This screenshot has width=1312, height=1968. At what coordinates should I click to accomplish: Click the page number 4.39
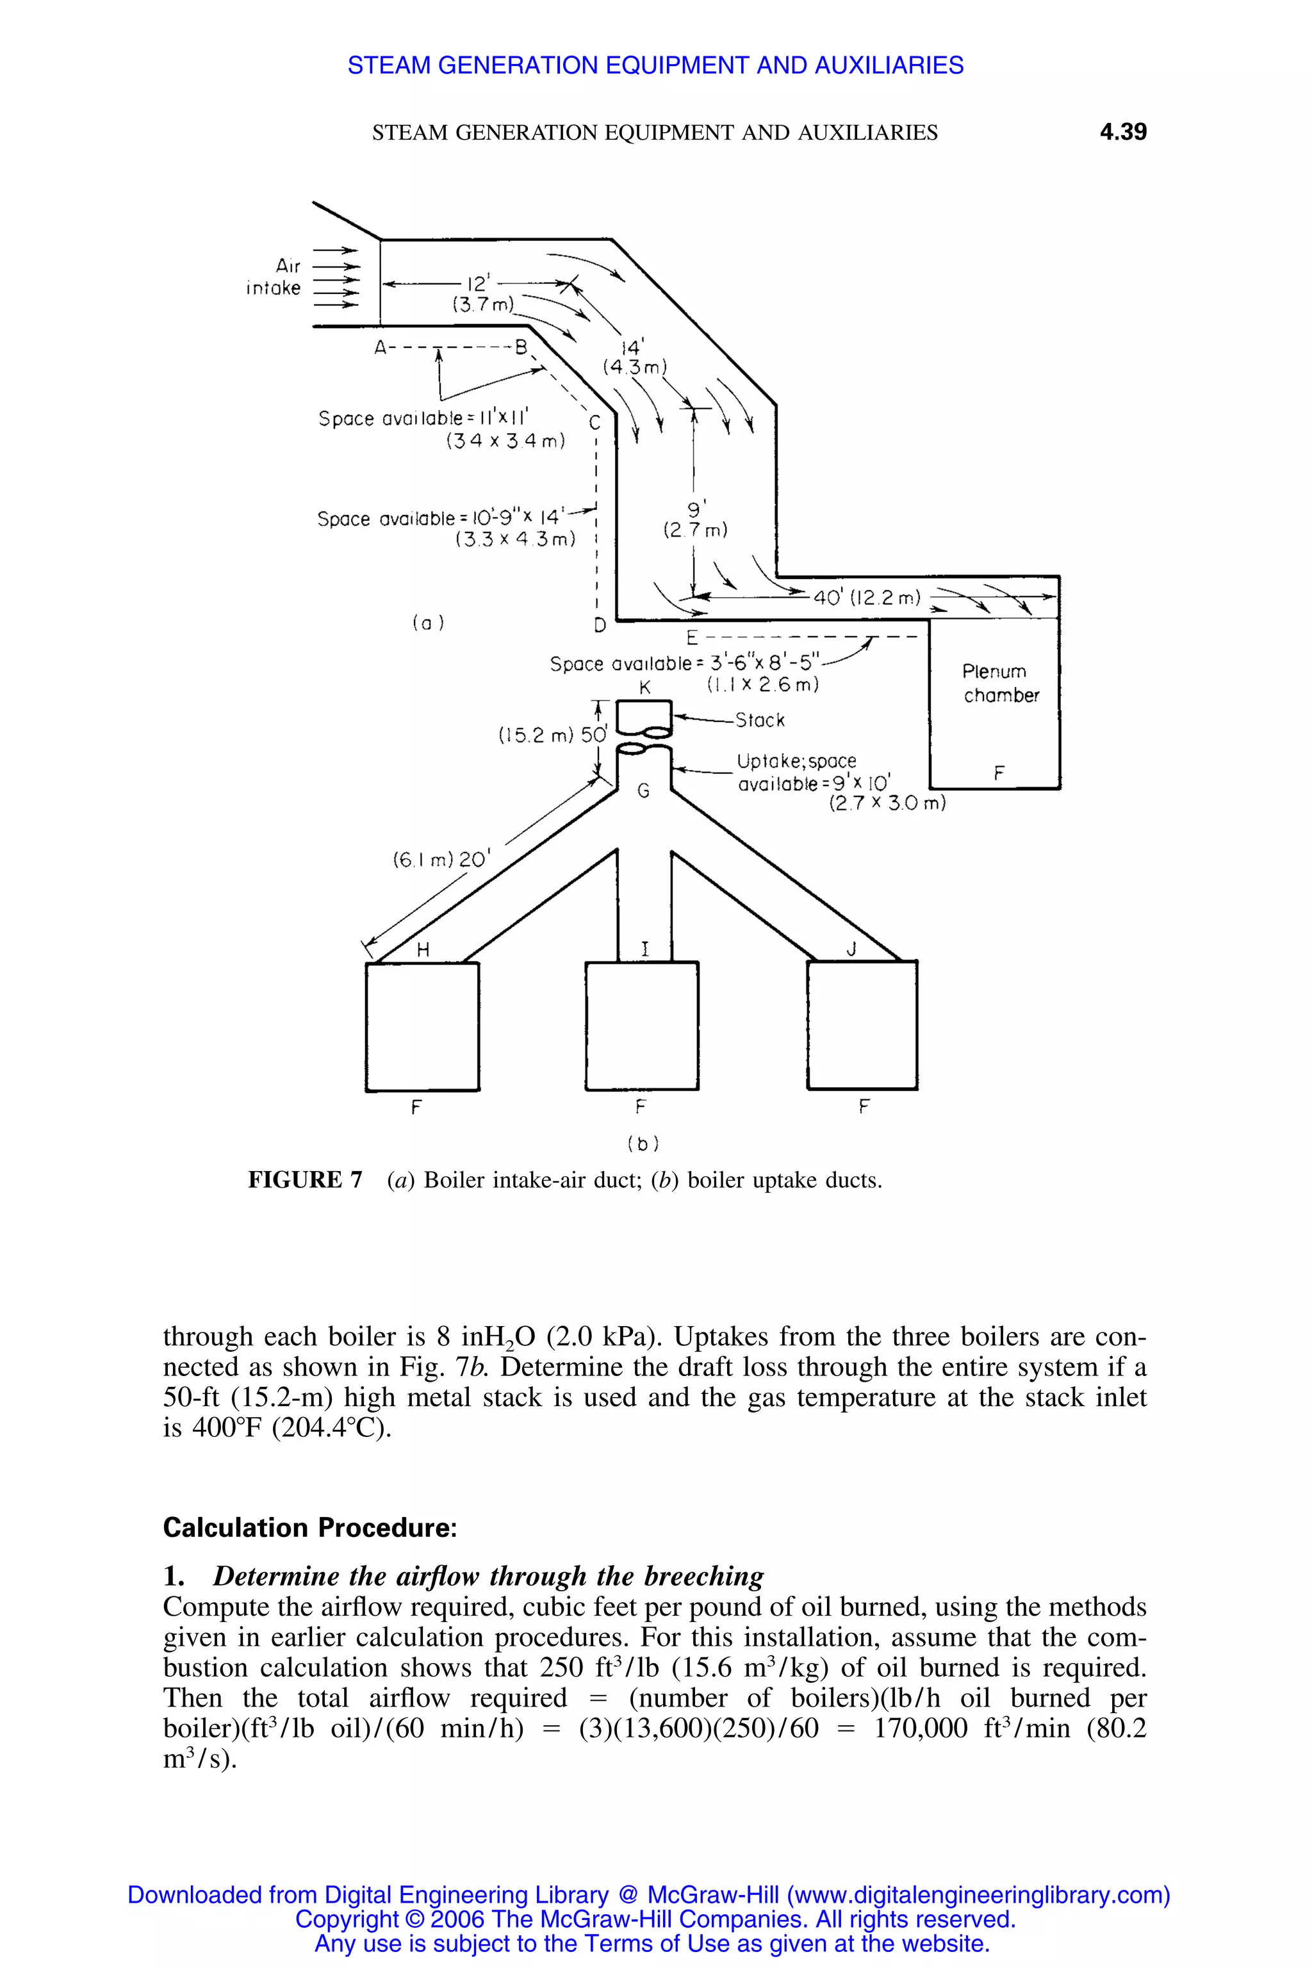click(x=1122, y=132)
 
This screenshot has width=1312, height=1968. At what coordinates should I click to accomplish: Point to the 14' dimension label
click(x=634, y=347)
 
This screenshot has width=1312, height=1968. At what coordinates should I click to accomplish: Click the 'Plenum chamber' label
click(x=1000, y=683)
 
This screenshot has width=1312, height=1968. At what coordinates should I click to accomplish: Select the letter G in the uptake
click(x=643, y=789)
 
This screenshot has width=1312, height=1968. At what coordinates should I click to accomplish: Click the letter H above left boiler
click(x=423, y=949)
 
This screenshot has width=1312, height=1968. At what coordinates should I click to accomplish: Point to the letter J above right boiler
click(x=852, y=949)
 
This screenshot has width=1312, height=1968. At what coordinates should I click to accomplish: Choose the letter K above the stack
click(x=644, y=688)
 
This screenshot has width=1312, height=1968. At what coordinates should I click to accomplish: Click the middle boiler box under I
click(x=642, y=1026)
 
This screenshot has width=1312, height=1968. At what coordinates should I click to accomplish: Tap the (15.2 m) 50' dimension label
click(x=552, y=735)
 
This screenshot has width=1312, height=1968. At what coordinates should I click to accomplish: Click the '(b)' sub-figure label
click(x=643, y=1143)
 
